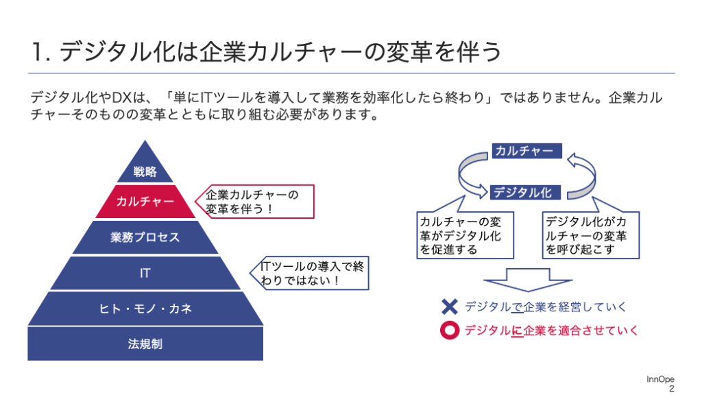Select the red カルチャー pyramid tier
(x=145, y=202)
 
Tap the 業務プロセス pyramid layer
(x=145, y=237)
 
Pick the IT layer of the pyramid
(x=145, y=273)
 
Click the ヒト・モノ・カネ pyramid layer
(x=145, y=308)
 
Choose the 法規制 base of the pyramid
(x=145, y=344)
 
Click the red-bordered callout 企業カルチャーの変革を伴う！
(x=255, y=202)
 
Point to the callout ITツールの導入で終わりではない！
(x=310, y=273)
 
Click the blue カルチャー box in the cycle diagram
(x=527, y=150)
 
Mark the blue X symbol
(x=450, y=307)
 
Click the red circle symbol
(x=450, y=331)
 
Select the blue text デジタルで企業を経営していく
(x=545, y=307)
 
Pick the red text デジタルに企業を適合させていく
(x=551, y=331)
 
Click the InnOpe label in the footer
(x=660, y=379)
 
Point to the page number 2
(x=672, y=388)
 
